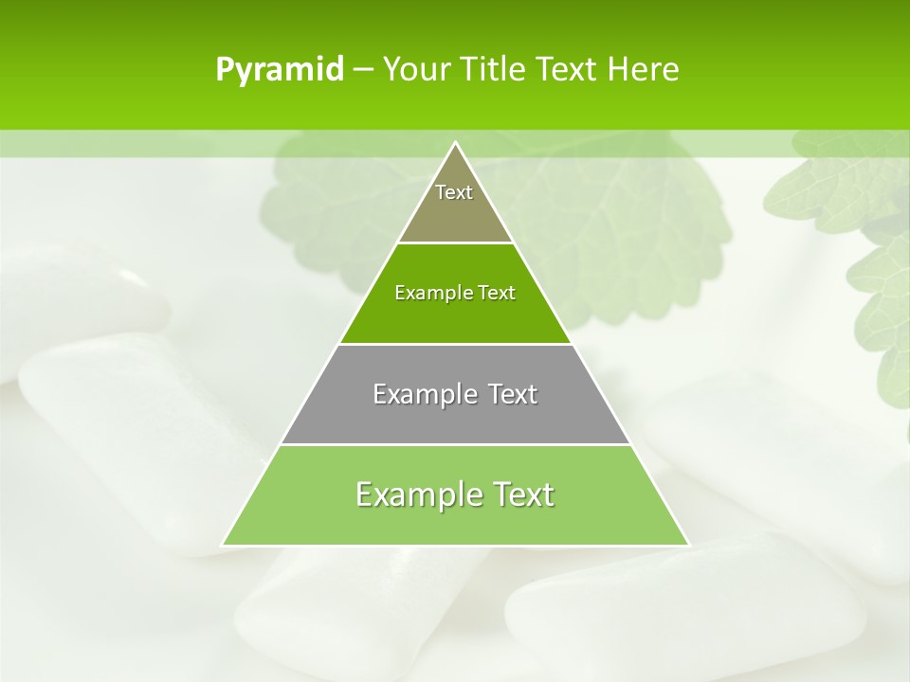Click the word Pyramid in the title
pyautogui.click(x=279, y=70)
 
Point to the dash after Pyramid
pyautogui.click(x=363, y=70)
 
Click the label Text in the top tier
pyautogui.click(x=454, y=192)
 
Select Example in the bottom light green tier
pyautogui.click(x=416, y=494)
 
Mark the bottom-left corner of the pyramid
pyautogui.click(x=223, y=545)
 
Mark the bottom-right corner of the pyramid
pyautogui.click(x=687, y=545)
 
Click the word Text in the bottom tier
pyautogui.click(x=519, y=494)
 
